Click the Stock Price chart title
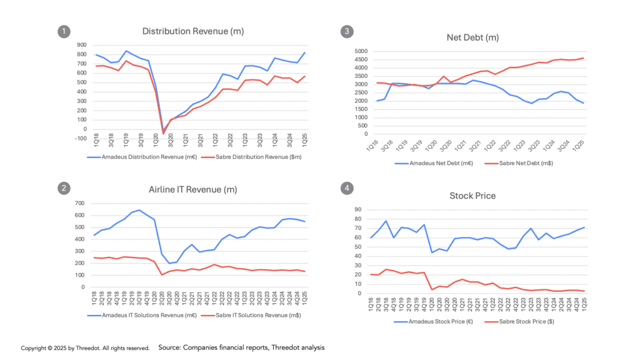coord(472,196)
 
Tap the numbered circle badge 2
coord(62,187)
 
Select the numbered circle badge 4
coord(345,187)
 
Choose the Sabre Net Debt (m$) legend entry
coord(519,162)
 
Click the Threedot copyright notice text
coord(85,348)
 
